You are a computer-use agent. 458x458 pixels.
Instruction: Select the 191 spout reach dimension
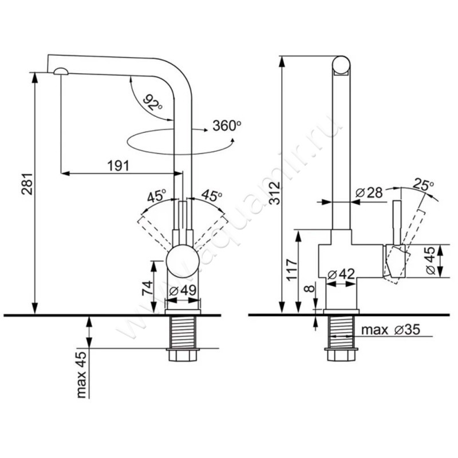pyautogui.click(x=117, y=165)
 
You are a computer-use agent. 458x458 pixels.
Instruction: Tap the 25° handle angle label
pyautogui.click(x=423, y=184)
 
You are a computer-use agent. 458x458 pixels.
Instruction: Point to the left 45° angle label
pyautogui.click(x=156, y=196)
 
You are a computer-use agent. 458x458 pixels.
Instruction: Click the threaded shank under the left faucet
pyautogui.click(x=183, y=331)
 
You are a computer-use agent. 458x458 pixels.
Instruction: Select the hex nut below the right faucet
pyautogui.click(x=342, y=356)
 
